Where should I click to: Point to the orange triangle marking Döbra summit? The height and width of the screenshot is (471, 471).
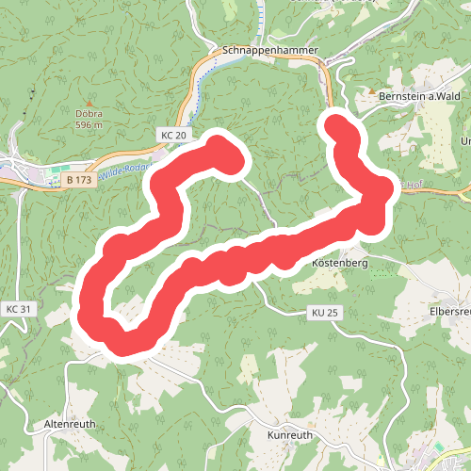click(89, 103)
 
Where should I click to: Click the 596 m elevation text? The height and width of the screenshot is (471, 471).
click(89, 124)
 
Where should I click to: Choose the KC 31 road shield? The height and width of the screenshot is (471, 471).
click(19, 309)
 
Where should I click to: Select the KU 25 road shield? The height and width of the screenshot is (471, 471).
click(323, 313)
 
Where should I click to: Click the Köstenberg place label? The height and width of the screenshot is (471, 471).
click(339, 264)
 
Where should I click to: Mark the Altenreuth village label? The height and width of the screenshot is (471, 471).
click(71, 425)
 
